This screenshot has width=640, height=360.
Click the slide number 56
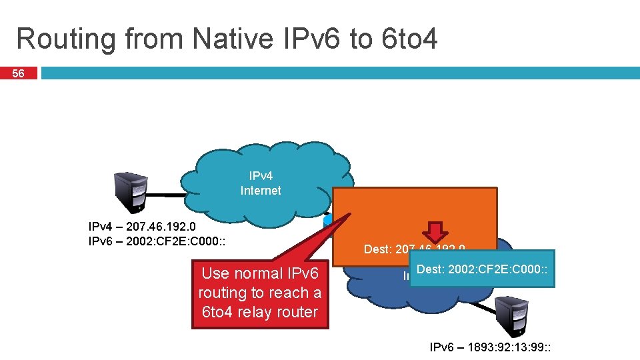pyautogui.click(x=19, y=73)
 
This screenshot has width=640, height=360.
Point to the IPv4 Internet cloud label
pyautogui.click(x=261, y=183)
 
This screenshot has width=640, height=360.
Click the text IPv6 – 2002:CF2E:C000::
pyautogui.click(x=157, y=241)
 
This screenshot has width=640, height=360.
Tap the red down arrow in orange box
pyautogui.click(x=437, y=231)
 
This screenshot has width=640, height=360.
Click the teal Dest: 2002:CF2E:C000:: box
pyautogui.click(x=482, y=269)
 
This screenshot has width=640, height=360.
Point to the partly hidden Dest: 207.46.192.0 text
pyautogui.click(x=413, y=250)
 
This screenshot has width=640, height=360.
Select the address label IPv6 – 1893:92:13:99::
pyautogui.click(x=493, y=347)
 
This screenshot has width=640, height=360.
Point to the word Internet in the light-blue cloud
pyautogui.click(x=261, y=191)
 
